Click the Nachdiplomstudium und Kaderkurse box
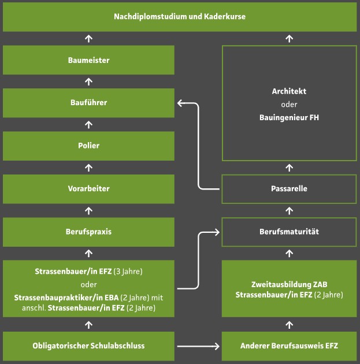pyautogui.click(x=180, y=17)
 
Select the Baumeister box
pyautogui.click(x=88, y=60)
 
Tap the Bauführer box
pyautogui.click(x=88, y=103)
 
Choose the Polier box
pyautogui.click(x=88, y=146)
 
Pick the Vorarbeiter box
pyautogui.click(x=88, y=188)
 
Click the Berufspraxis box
pyautogui.click(x=88, y=232)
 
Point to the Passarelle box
pyautogui.click(x=289, y=189)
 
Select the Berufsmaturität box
pyautogui.click(x=289, y=232)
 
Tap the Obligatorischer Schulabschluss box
pyautogui.click(x=88, y=346)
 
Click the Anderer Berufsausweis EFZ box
pyautogui.click(x=289, y=346)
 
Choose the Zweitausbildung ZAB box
pyautogui.click(x=289, y=289)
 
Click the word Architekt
pyautogui.click(x=289, y=92)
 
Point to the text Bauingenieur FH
pyautogui.click(x=289, y=117)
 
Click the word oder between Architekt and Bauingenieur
pyautogui.click(x=289, y=105)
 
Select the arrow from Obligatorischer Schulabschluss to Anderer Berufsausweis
pyautogui.click(x=199, y=347)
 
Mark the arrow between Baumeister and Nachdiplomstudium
pyautogui.click(x=88, y=39)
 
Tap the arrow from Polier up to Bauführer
pyautogui.click(x=88, y=124)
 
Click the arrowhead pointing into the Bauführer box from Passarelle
pyautogui.click(x=180, y=103)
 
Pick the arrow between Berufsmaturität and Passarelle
pyautogui.click(x=290, y=210)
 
